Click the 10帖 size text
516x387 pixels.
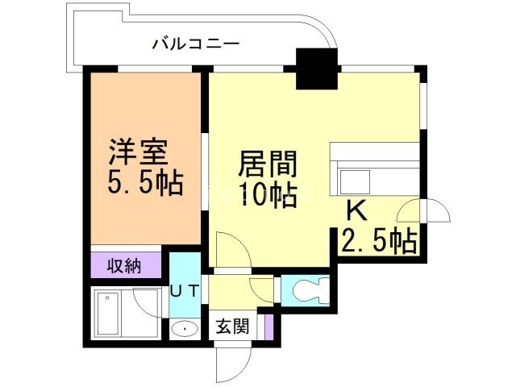click(x=267, y=195)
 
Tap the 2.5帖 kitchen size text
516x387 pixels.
click(x=379, y=239)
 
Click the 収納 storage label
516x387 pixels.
click(x=125, y=265)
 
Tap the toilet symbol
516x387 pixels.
click(x=310, y=289)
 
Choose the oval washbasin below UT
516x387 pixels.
click(x=186, y=328)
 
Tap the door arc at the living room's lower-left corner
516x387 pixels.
click(x=227, y=245)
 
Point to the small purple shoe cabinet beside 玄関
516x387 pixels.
click(x=269, y=327)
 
